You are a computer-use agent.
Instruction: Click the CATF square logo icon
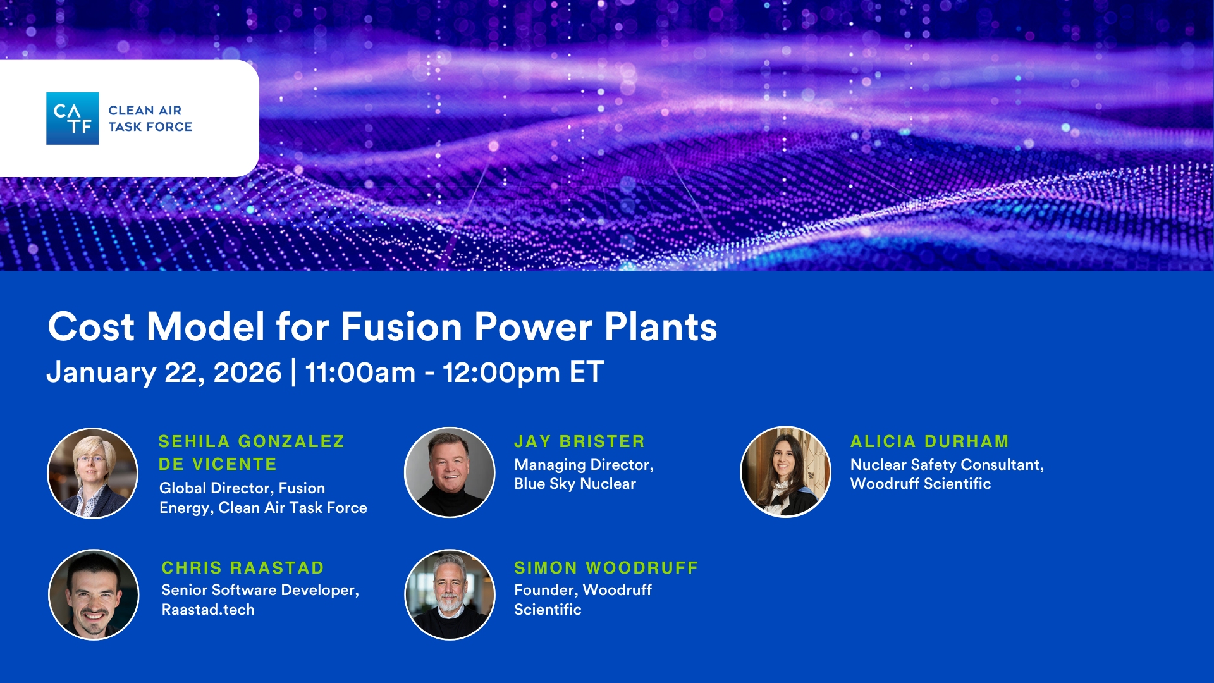click(72, 118)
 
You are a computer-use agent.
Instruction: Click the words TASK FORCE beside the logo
click(150, 126)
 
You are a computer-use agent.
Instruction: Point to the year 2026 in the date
click(247, 372)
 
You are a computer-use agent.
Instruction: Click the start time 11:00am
click(360, 372)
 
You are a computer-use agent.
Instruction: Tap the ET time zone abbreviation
click(587, 372)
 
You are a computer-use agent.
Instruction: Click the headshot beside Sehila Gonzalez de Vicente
click(93, 473)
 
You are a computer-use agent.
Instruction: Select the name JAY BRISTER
click(580, 441)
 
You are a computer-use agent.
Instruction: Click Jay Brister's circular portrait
click(450, 472)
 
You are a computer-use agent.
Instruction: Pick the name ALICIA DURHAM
click(929, 441)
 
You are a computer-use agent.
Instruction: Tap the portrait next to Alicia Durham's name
click(785, 472)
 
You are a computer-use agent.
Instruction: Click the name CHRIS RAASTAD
click(243, 568)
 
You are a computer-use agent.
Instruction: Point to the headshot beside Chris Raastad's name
click(94, 594)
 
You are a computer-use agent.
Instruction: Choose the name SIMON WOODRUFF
click(606, 568)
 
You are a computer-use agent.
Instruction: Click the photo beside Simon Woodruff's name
click(450, 594)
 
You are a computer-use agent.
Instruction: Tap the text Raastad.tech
click(208, 610)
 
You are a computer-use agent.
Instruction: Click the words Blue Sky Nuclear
click(575, 484)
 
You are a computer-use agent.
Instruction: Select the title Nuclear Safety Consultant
click(947, 465)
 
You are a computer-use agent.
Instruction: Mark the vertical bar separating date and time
click(293, 372)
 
